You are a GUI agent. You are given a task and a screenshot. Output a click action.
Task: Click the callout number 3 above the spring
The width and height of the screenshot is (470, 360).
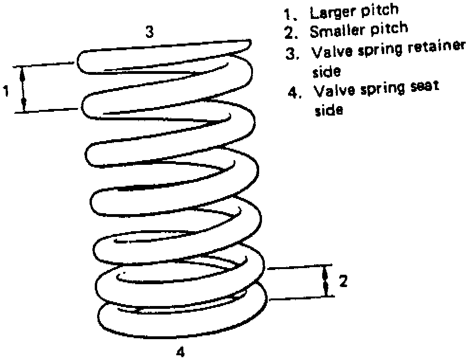(x=150, y=31)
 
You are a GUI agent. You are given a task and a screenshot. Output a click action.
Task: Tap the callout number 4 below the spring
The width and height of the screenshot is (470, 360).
(x=181, y=352)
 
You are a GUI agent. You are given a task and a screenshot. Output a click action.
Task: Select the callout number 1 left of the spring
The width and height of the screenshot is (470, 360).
(x=6, y=90)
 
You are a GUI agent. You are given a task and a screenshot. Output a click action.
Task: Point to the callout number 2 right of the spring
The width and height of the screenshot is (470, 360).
(x=343, y=281)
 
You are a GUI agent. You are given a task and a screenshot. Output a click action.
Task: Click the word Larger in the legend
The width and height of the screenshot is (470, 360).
(x=332, y=13)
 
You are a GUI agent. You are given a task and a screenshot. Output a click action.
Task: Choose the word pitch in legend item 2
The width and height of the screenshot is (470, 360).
(x=389, y=29)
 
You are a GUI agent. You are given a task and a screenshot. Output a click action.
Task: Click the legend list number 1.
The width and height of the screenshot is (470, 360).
(x=289, y=15)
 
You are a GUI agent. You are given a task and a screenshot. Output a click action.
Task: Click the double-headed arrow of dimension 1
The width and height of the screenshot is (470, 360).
(x=23, y=89)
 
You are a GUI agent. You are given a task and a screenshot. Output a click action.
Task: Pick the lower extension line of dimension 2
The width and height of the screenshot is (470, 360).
(x=301, y=297)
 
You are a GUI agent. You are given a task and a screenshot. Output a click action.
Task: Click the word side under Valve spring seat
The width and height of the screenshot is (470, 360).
(x=329, y=110)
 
